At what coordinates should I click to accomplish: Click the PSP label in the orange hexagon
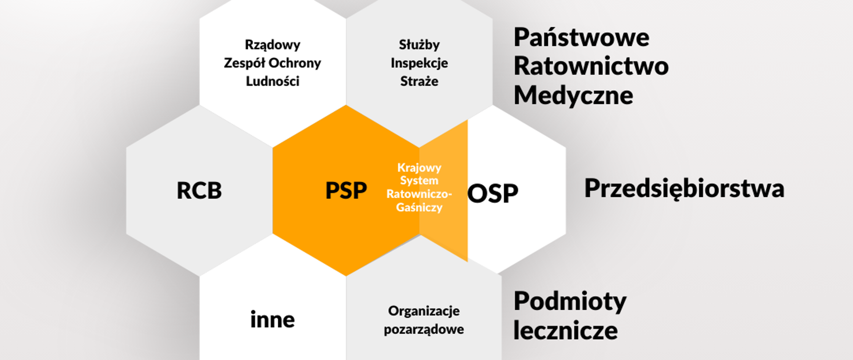[346, 191]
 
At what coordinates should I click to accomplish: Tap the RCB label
[199, 191]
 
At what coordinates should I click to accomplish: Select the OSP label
[493, 193]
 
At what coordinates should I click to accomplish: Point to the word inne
[272, 320]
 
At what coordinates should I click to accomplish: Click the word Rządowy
[272, 45]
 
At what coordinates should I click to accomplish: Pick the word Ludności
[272, 81]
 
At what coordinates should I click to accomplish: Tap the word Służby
[419, 45]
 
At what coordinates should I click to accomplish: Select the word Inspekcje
[419, 63]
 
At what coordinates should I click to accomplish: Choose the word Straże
[419, 81]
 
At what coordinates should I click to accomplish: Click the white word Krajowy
[419, 168]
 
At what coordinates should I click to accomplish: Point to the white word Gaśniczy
[419, 208]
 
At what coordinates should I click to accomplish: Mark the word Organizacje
[424, 311]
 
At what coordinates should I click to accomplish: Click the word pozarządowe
[424, 329]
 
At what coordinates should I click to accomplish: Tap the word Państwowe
[581, 37]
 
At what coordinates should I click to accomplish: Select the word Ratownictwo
[591, 66]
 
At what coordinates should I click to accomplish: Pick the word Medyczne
[573, 96]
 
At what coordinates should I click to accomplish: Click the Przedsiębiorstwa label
[684, 188]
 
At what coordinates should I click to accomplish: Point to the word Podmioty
[570, 301]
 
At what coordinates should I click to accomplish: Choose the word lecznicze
[566, 330]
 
